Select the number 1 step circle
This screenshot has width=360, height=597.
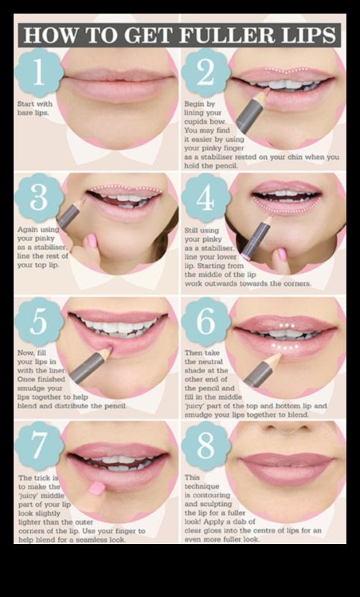click(x=37, y=73)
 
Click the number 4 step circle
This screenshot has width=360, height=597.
click(x=204, y=197)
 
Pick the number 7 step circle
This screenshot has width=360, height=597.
click(x=38, y=446)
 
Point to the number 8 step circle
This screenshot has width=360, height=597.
click(x=204, y=446)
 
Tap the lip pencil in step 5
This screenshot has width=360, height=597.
click(x=89, y=366)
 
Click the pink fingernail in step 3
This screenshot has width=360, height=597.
click(x=91, y=240)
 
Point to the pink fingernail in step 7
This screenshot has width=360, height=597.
click(x=97, y=488)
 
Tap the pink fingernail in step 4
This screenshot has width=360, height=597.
click(x=282, y=253)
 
